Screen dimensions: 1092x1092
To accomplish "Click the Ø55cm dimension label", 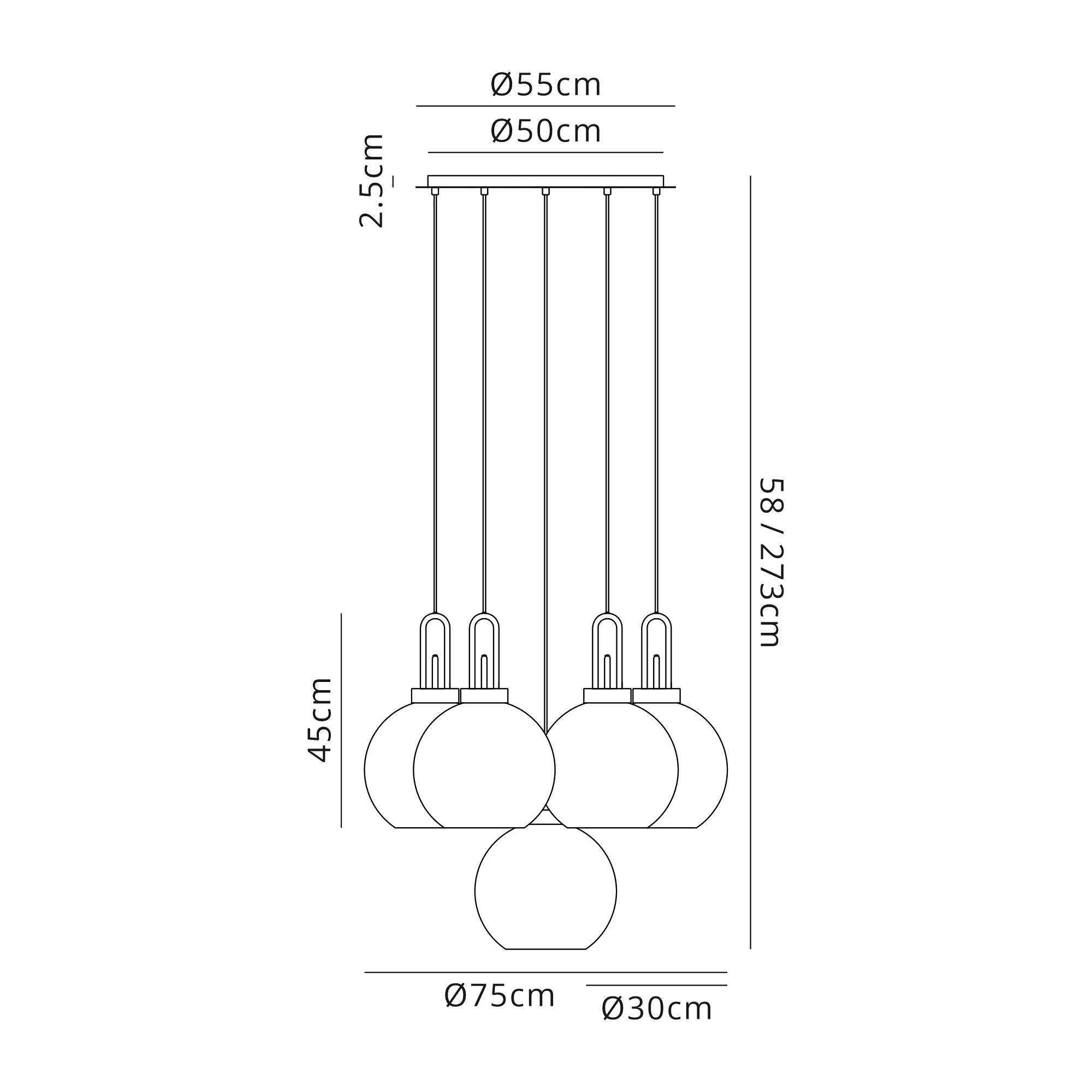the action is pos(545,85).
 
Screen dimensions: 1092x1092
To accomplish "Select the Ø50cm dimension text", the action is pos(545,131).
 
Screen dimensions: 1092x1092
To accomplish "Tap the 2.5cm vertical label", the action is pos(371,181).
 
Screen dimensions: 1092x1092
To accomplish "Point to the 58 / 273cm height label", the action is pos(770,562).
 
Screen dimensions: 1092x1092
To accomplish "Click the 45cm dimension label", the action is pos(319,720).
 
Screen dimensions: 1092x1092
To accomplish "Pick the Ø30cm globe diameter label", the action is pos(656,1025).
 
